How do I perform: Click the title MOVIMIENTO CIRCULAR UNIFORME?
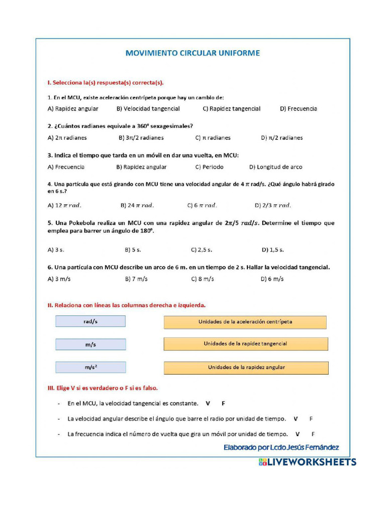coord(192,53)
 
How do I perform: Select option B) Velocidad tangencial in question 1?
coord(148,108)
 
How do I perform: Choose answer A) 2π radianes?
coord(67,138)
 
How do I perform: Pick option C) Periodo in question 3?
coord(209,167)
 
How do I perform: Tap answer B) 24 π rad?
coord(137,205)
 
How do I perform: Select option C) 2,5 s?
coord(202,249)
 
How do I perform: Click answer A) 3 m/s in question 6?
coord(59,279)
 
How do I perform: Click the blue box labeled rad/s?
coord(90,321)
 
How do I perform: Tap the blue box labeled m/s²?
coord(90,367)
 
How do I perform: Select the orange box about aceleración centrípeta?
coord(245,322)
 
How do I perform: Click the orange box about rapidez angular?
coord(246,367)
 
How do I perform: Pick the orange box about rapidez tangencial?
coord(245,344)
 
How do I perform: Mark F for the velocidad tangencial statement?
coord(223,403)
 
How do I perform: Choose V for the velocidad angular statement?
coord(296,418)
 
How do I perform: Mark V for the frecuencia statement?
coord(298,434)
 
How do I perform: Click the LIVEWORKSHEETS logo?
coord(308,462)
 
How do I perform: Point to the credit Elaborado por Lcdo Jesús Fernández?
coord(281,447)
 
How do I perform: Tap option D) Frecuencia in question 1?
coord(298,108)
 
